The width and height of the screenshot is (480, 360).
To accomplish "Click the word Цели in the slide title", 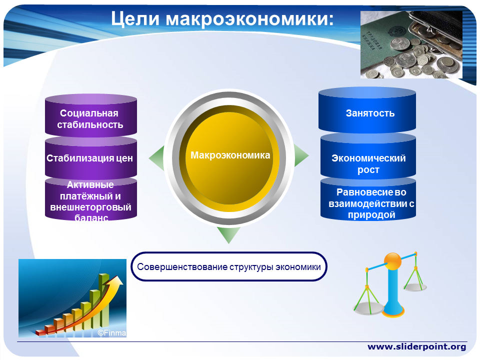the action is coord(135,18).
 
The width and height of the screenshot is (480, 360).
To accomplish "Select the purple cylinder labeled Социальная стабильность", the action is coord(91,115).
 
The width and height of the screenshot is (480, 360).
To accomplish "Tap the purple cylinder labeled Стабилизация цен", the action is coord(91,158).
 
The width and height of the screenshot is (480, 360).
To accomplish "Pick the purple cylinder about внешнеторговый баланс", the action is coord(91,199).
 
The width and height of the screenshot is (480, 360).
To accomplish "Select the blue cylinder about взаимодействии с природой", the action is coord(368,199).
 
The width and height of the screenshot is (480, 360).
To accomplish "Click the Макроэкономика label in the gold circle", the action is coord(230,155).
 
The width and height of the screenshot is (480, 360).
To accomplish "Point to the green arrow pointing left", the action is coord(156,158).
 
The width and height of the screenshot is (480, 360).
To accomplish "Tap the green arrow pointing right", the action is coord(301,155).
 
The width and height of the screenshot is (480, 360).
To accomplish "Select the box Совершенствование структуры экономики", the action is coord(229,266).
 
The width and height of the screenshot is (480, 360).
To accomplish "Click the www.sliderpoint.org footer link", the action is coord(416,347).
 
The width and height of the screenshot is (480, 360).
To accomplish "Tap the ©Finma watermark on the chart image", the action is coord(111,333).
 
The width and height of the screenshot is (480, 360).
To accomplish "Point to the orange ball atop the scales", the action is coord(392,261).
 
